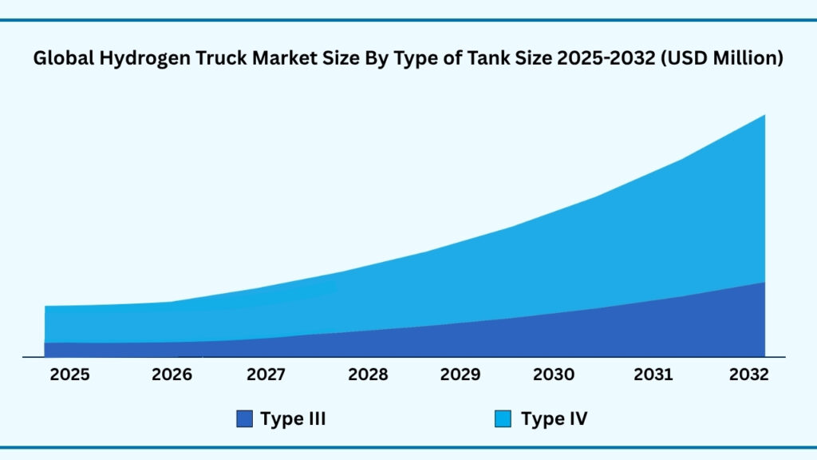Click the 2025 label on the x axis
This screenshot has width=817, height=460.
click(x=70, y=375)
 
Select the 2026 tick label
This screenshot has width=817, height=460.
click(x=172, y=375)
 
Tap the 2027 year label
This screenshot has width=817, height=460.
click(x=267, y=375)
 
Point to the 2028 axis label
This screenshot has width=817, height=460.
click(x=368, y=375)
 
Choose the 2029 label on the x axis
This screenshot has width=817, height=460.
click(x=460, y=375)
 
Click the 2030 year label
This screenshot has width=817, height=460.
click(x=553, y=375)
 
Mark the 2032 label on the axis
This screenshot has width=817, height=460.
click(x=748, y=375)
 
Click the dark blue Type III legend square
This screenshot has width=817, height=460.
click(x=245, y=418)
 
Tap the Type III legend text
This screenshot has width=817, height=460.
click(x=293, y=418)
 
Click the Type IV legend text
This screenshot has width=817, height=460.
click(x=554, y=418)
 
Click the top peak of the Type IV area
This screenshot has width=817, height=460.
click(x=764, y=116)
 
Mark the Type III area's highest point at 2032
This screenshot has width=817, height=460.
click(x=764, y=284)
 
